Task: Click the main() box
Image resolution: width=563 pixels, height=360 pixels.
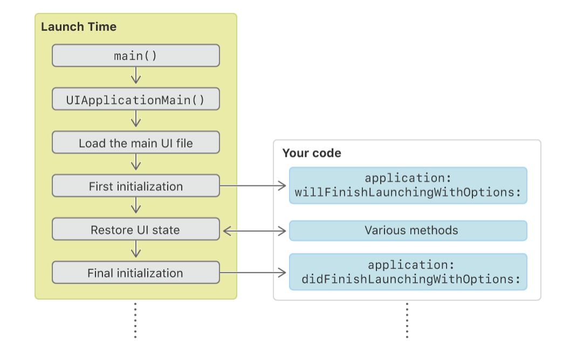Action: [136, 56]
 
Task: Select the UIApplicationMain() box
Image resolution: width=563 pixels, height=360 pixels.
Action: [136, 99]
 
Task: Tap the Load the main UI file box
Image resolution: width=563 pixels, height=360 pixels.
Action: [136, 143]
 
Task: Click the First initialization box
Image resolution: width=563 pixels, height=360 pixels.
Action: [136, 186]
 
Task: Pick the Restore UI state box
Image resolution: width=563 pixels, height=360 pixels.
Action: [136, 230]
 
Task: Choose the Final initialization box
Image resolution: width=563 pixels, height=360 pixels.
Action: [136, 273]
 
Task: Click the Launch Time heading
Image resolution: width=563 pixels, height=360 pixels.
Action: [79, 27]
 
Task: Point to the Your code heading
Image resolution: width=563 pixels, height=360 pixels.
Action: [312, 153]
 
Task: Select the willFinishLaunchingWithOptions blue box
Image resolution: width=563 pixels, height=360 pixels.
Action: [408, 185]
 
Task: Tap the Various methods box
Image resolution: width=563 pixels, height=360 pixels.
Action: [408, 230]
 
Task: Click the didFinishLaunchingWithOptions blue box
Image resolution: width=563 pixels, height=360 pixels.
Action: [408, 272]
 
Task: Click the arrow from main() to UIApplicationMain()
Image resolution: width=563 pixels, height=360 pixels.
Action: [136, 75]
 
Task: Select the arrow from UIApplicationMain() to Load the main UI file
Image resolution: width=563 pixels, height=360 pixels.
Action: [136, 119]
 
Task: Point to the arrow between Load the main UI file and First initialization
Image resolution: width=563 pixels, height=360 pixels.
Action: [136, 162]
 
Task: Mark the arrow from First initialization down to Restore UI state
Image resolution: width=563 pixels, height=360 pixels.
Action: [136, 206]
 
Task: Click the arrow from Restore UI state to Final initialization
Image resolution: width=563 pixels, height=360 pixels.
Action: [136, 250]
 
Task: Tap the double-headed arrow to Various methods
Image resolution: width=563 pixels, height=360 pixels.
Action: [254, 231]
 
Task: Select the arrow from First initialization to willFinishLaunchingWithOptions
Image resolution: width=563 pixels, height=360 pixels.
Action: [253, 186]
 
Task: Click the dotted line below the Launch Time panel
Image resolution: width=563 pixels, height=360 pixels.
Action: [135, 320]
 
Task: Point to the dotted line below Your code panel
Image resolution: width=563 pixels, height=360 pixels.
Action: [407, 320]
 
